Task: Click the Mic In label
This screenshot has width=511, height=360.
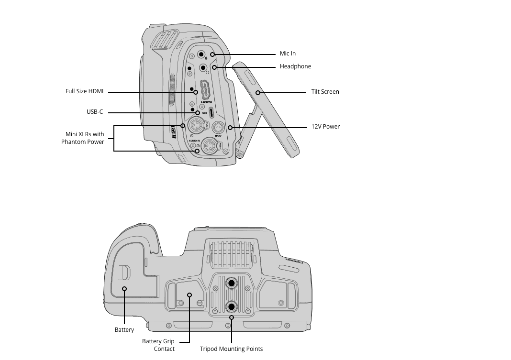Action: point(288,54)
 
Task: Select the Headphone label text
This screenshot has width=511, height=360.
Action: point(295,66)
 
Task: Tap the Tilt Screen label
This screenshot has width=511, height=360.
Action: point(325,92)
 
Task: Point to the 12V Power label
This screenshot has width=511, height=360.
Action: point(325,127)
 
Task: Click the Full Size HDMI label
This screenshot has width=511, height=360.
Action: point(84,91)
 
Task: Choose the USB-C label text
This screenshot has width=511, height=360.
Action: point(95,112)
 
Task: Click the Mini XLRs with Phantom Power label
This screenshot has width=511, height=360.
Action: point(83,138)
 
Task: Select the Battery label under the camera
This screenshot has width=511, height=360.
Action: point(124,330)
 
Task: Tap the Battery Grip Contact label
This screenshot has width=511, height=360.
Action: point(158,345)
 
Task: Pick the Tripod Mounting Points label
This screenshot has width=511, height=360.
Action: point(232,349)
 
